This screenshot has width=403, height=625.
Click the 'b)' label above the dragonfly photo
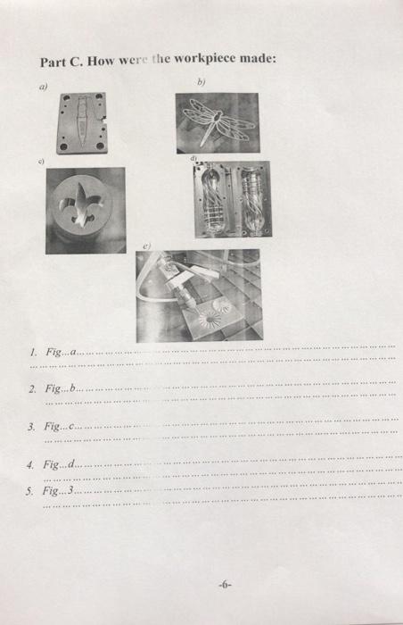pyautogui.click(x=201, y=81)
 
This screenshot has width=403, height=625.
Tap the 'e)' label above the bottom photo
pyautogui.click(x=149, y=243)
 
